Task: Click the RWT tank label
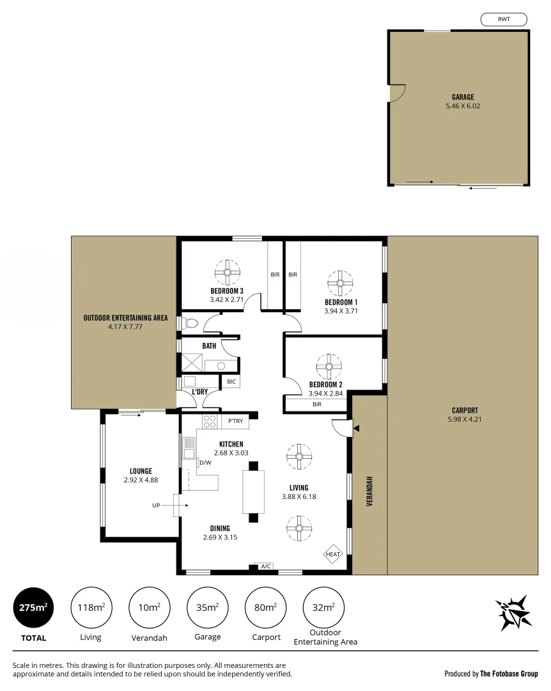coord(503,20)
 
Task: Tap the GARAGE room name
coord(463,97)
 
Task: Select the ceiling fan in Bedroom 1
coord(340,282)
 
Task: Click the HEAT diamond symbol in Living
coord(333,554)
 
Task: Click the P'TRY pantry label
coord(235,421)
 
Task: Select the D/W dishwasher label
coord(205,463)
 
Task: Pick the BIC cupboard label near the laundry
coord(231,382)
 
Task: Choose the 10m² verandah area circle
coord(149,607)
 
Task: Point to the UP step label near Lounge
coord(155,505)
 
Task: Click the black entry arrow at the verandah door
coord(357,428)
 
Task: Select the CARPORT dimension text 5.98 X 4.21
coord(463,420)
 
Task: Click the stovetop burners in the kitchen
coord(210,422)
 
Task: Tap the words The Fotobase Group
coord(509,673)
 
